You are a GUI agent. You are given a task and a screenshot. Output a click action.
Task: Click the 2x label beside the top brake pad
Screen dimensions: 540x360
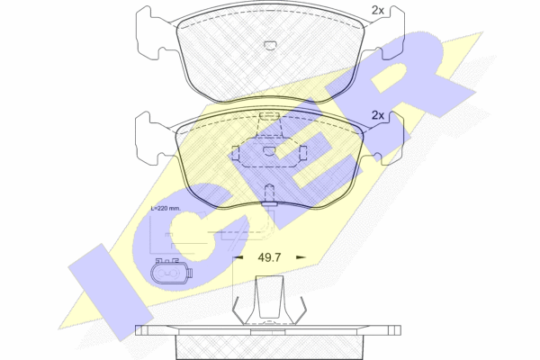click(377, 11)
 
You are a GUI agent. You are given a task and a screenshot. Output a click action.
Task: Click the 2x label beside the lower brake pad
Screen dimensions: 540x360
click(377, 115)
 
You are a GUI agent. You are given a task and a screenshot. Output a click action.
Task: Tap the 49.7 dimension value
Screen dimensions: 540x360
click(269, 257)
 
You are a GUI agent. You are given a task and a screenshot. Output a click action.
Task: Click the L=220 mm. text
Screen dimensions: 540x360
click(166, 208)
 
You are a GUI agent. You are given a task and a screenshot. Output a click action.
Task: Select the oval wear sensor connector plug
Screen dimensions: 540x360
click(171, 273)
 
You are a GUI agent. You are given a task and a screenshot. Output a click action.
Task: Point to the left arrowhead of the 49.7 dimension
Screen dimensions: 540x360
click(238, 257)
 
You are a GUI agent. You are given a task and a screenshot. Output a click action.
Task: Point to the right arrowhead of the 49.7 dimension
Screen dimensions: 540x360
click(301, 257)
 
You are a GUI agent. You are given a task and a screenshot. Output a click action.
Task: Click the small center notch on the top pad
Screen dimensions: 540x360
click(270, 46)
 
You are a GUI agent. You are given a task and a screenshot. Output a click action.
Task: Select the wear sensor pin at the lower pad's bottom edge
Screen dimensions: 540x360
click(269, 195)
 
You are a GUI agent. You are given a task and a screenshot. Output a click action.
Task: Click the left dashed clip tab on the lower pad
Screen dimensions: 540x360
click(236, 153)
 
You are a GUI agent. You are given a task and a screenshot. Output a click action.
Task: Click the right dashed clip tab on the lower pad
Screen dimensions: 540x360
click(303, 153)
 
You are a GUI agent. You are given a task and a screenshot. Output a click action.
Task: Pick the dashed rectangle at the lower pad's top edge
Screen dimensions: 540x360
click(270, 116)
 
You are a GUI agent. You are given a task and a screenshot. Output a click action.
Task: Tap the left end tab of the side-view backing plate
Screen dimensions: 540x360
click(141, 330)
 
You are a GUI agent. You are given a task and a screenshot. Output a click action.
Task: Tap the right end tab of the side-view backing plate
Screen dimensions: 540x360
click(395, 330)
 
